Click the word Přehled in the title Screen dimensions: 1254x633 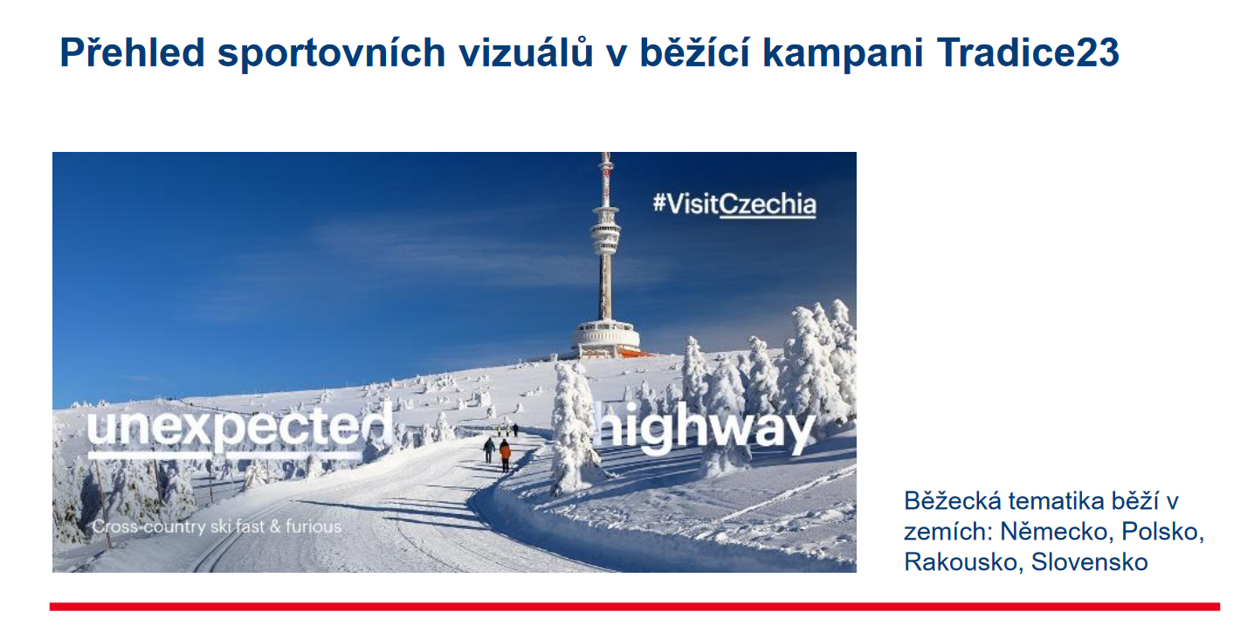[132, 52]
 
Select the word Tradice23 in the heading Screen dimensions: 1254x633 [1028, 52]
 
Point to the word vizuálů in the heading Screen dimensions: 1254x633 [526, 52]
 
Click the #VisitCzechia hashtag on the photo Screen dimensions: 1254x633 [734, 203]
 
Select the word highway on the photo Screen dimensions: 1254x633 [704, 428]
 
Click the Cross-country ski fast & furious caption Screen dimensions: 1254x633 [217, 526]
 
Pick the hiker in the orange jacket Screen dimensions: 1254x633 [505, 455]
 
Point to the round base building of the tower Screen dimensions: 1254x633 [605, 338]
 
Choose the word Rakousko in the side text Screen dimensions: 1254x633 [964, 562]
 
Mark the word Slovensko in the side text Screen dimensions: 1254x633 [1090, 562]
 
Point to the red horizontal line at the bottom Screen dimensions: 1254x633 [635, 607]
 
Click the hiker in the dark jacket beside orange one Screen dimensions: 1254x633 [489, 450]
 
